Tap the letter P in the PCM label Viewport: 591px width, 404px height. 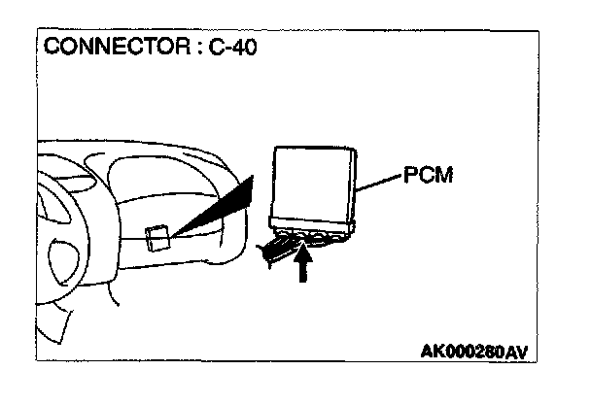click(406, 177)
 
